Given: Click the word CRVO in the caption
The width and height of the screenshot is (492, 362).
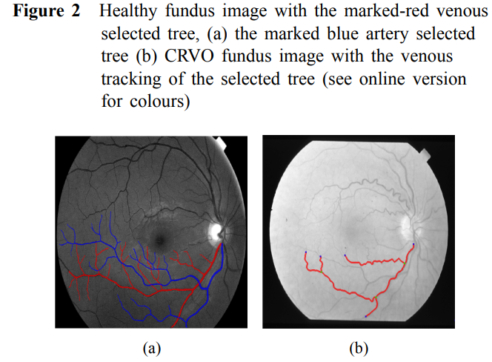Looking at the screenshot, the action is click(189, 56).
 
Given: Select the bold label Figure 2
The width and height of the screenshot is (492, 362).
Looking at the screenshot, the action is click(47, 11).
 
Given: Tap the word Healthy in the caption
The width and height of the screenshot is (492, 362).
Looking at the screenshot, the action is click(128, 12).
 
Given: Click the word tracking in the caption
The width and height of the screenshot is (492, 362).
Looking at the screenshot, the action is click(131, 79).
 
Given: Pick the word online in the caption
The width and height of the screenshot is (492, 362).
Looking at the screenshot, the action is click(382, 79).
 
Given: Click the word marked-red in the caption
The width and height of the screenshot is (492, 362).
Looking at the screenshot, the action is click(387, 11).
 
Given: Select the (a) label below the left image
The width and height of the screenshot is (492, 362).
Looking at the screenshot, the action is click(152, 349).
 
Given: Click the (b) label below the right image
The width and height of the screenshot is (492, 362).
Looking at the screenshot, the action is click(359, 349).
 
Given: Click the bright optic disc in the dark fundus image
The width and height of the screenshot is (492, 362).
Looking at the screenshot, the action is click(216, 232).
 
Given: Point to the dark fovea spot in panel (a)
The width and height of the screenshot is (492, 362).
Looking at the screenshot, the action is click(160, 240).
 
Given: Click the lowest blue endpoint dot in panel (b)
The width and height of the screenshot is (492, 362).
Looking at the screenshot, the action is click(365, 316).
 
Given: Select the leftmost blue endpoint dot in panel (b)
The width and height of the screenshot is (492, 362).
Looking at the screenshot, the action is click(306, 252).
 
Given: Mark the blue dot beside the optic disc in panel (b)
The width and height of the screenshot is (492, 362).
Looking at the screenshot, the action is click(413, 244).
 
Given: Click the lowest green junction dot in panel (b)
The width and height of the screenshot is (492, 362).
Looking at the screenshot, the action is click(376, 297).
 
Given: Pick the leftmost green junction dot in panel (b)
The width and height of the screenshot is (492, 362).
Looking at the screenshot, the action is click(322, 271).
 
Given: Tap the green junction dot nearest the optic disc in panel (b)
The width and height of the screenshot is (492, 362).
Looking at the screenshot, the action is click(405, 263).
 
